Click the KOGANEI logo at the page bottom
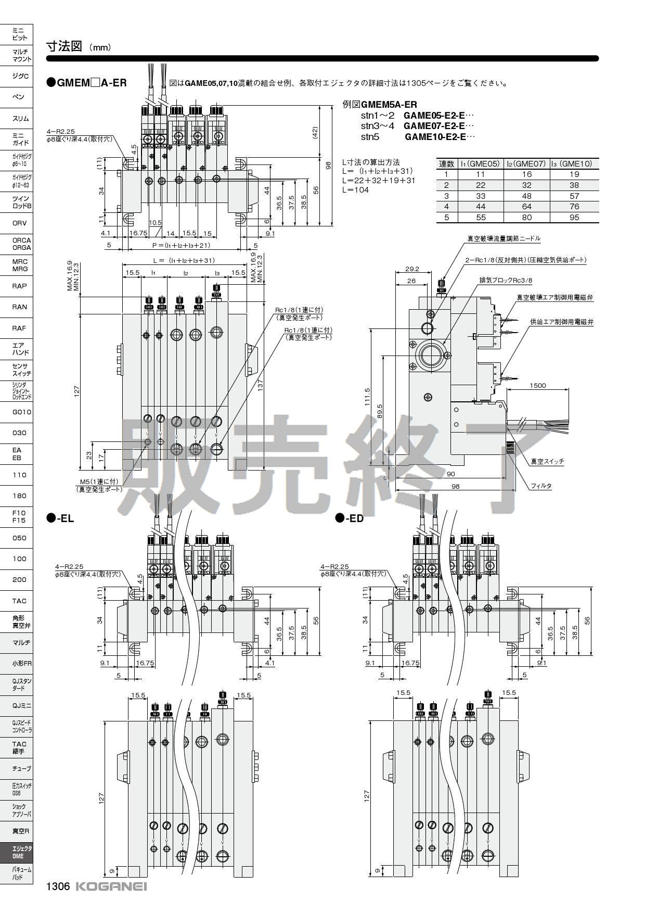pos(111,886)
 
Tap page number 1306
pos(58,886)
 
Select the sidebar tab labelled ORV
pos(19,223)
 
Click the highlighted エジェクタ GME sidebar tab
pos(19,852)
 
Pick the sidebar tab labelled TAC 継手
pos(19,747)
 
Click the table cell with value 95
pos(574,218)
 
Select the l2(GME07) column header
pos(526,163)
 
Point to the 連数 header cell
pos(446,163)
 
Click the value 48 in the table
pos(526,196)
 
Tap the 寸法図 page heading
pos(64,46)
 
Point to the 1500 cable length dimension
pos(537,385)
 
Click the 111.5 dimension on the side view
pos(368,397)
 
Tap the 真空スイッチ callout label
pos(547,461)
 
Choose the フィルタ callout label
pos(541,486)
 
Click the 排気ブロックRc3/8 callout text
pos(506,281)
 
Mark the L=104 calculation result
pos(355,190)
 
